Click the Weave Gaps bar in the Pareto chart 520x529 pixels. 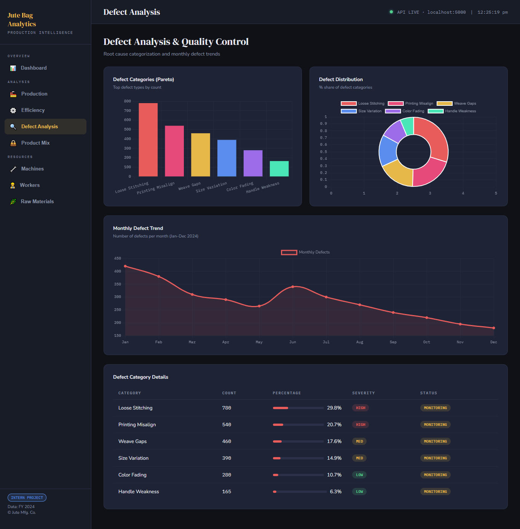[x=201, y=155]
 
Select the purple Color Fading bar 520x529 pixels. [x=253, y=163]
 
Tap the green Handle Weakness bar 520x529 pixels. [x=279, y=169]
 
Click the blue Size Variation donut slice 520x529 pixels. [x=388, y=150]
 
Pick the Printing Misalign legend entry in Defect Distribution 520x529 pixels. [x=410, y=104]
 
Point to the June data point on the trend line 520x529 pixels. [x=293, y=287]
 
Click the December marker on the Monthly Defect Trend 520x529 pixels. [x=494, y=328]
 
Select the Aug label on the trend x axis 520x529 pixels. [x=360, y=342]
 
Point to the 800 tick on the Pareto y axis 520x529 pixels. [x=128, y=101]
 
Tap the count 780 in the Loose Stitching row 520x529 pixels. [x=227, y=408]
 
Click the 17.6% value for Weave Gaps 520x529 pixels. [x=334, y=441]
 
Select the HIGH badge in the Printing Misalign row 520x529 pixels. [x=360, y=424]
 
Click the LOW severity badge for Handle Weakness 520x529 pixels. [x=359, y=491]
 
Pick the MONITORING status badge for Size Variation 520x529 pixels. [x=435, y=458]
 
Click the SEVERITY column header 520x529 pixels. [x=364, y=393]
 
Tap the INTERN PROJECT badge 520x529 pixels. [x=27, y=498]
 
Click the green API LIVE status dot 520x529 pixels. [x=391, y=12]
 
